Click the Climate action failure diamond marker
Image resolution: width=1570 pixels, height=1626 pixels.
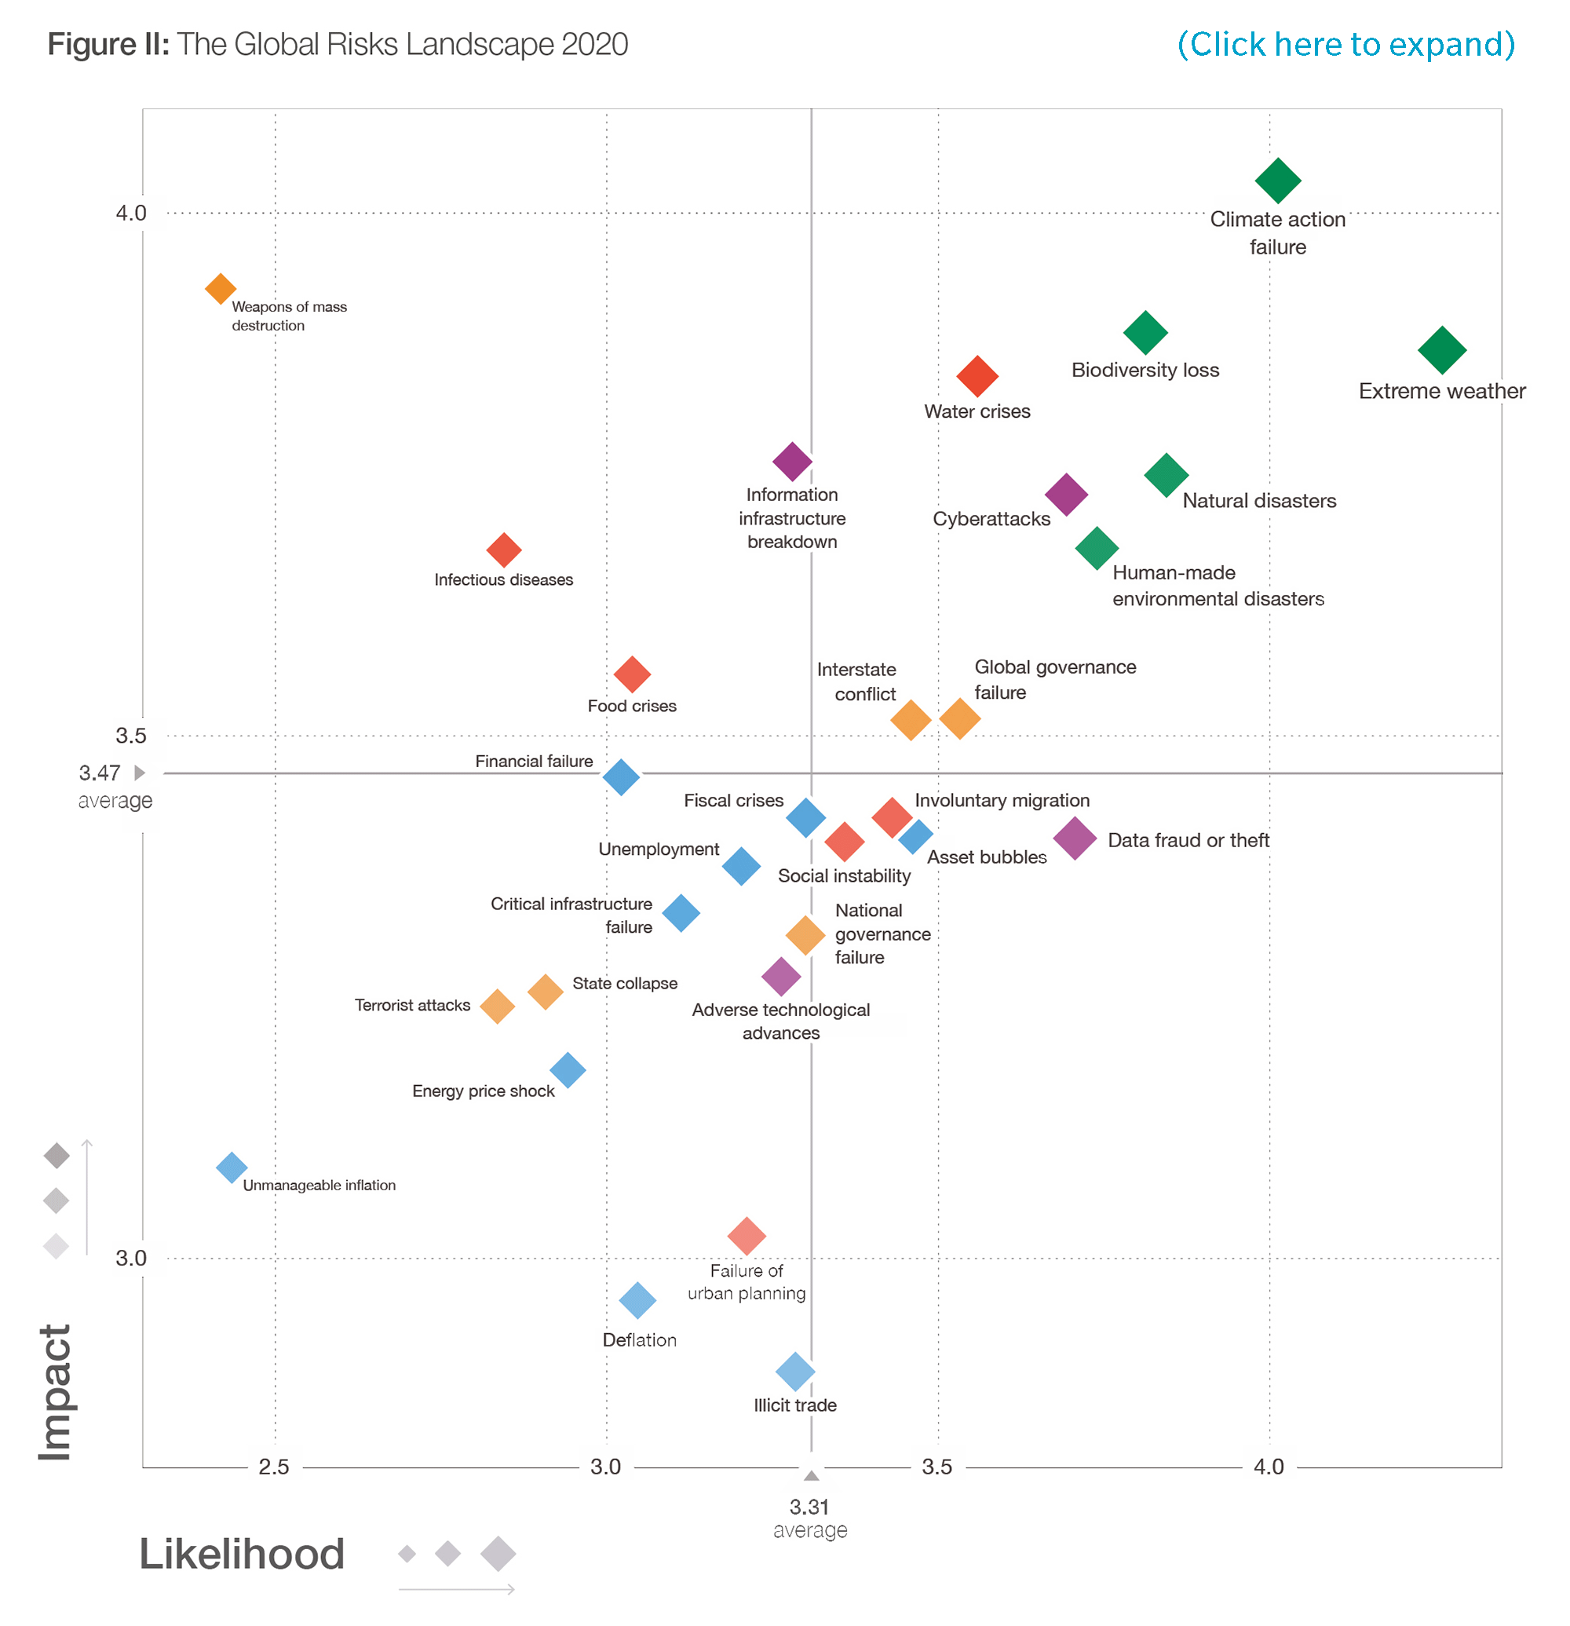pos(1277,180)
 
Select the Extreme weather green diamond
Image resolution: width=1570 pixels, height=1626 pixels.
pos(1441,350)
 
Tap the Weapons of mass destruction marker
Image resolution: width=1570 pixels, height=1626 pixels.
pos(220,289)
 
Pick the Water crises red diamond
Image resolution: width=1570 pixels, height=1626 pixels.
pos(977,376)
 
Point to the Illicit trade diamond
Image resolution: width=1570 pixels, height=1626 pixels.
pos(794,1372)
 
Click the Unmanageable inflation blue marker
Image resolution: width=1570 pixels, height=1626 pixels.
pos(232,1167)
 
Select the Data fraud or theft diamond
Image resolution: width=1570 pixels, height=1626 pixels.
pos(1075,838)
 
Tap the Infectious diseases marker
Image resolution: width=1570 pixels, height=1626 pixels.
pos(503,549)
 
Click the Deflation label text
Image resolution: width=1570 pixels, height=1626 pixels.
pos(639,1339)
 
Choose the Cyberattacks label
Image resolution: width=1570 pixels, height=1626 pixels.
pos(991,518)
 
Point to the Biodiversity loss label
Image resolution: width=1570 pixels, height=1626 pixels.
pos(1145,370)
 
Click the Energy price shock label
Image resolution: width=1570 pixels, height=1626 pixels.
pos(483,1091)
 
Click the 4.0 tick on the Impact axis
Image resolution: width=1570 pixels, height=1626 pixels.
pos(131,214)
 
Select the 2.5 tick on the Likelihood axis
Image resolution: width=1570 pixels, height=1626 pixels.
pos(275,1467)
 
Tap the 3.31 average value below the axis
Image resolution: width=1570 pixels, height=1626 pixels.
pos(809,1507)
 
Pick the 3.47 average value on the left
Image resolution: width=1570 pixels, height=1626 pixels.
pos(100,773)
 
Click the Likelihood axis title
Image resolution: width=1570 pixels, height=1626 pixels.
pos(241,1554)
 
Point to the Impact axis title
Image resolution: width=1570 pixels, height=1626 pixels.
pos(56,1391)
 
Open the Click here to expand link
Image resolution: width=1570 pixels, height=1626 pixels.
pos(1345,44)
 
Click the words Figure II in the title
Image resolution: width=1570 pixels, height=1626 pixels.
pos(108,44)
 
